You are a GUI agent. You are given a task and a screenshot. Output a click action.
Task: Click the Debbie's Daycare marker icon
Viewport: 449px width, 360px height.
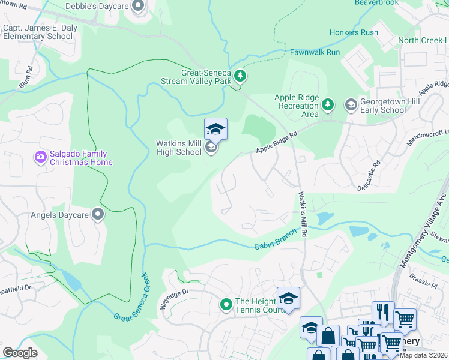[x=139, y=7]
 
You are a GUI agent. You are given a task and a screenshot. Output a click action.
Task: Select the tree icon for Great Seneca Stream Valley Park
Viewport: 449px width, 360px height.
[x=240, y=76]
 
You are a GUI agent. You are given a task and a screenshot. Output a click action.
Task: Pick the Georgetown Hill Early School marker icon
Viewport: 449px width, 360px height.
[x=351, y=106]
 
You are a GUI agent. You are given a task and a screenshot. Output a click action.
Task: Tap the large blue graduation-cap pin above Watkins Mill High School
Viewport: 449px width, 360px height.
[x=215, y=129]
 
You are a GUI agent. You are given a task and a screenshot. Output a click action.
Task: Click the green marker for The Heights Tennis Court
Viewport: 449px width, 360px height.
[x=226, y=305]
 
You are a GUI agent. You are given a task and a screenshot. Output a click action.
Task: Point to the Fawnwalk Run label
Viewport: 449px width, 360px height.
[x=315, y=53]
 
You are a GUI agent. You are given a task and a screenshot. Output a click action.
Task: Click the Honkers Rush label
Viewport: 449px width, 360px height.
[x=354, y=32]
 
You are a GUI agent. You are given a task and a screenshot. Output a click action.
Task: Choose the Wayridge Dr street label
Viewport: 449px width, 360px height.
[x=174, y=299]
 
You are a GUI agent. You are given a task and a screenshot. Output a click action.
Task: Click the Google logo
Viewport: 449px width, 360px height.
[x=20, y=353]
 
